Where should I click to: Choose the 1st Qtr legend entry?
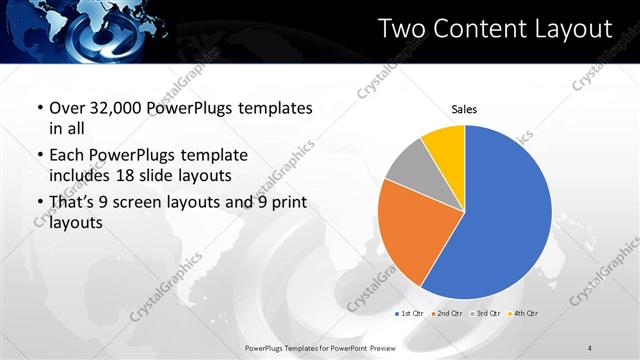click(x=410, y=313)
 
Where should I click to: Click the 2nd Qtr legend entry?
click(x=448, y=313)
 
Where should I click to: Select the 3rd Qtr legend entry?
click(x=486, y=313)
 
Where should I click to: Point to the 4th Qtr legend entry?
click(x=524, y=313)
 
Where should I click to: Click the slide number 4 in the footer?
click(x=590, y=347)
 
